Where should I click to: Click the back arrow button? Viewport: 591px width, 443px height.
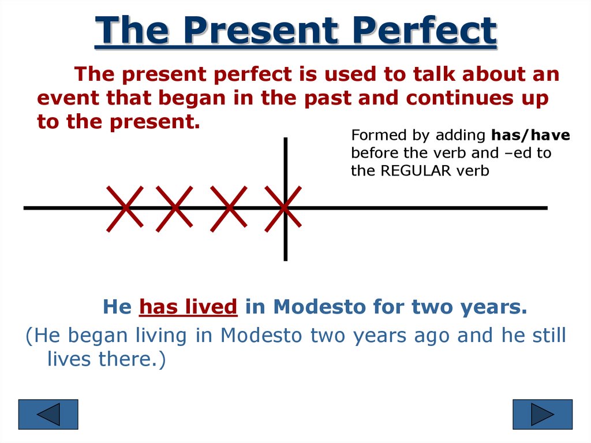point(48,414)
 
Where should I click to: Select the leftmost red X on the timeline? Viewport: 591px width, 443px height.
point(125,209)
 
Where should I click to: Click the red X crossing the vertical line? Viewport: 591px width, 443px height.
point(283,209)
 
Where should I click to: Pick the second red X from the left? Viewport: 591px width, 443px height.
point(174,209)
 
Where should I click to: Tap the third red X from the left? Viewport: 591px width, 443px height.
point(229,209)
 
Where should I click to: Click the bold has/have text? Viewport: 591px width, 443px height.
point(531,135)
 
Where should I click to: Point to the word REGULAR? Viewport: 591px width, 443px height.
point(416,170)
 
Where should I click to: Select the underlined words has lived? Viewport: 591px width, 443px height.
point(189,306)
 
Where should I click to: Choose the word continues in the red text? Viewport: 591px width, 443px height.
point(459,98)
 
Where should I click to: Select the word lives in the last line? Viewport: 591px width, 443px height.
point(69,359)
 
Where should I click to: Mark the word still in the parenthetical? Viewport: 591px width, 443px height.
point(549,335)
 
